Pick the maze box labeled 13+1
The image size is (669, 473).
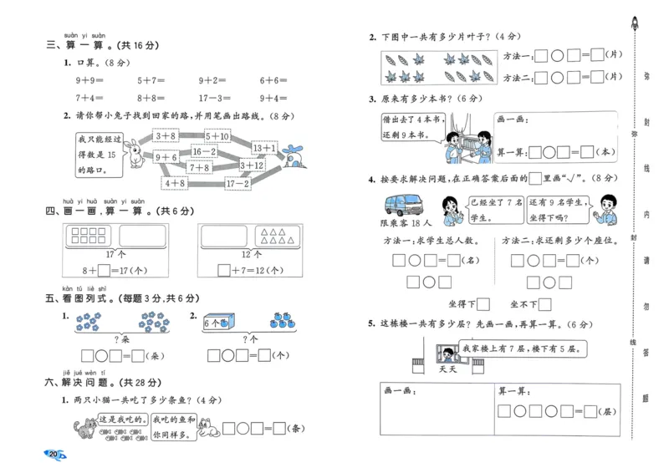(263, 148)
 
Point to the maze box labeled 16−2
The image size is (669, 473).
(203, 151)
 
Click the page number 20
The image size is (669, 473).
(54, 454)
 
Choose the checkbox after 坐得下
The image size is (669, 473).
(483, 304)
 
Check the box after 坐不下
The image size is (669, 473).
(545, 304)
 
